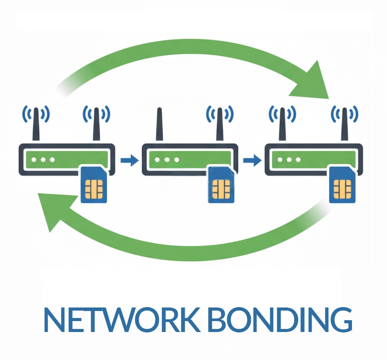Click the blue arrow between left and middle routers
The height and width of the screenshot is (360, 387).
(x=129, y=161)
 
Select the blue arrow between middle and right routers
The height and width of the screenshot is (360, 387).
(x=251, y=161)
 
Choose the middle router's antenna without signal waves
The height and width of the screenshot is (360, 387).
(x=159, y=125)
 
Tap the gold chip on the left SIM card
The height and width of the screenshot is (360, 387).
(x=94, y=189)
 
